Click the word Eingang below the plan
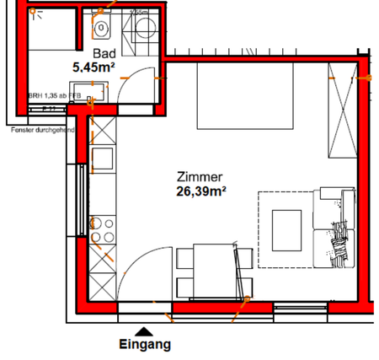pos(145,344)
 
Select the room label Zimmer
pos(199,178)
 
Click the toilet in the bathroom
pos(102,30)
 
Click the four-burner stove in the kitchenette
pos(102,227)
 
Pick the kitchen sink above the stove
pos(102,159)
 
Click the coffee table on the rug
pos(286,228)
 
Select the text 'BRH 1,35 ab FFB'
pos(54,96)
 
